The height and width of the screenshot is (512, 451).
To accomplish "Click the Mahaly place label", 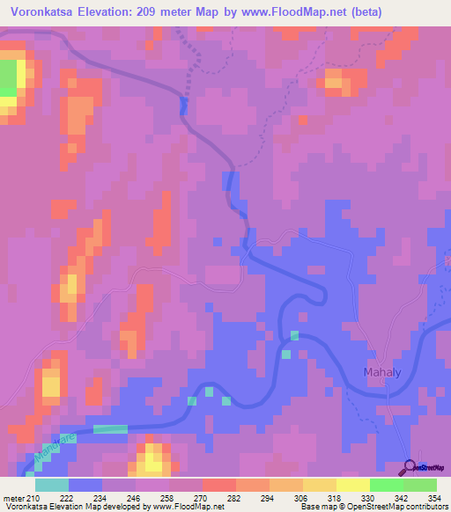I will (x=383, y=373).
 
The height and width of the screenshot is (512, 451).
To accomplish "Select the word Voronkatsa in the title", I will (x=38, y=11).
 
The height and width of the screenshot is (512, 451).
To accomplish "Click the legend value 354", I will (x=434, y=498).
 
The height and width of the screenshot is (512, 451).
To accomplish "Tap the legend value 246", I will (x=134, y=498).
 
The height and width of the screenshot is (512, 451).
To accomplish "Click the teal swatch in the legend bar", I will (x=52, y=485).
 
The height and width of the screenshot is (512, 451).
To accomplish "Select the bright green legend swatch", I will (x=386, y=485).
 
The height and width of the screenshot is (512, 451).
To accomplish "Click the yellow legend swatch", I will (x=319, y=485).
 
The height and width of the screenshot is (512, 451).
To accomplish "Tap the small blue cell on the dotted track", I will (x=183, y=106).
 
